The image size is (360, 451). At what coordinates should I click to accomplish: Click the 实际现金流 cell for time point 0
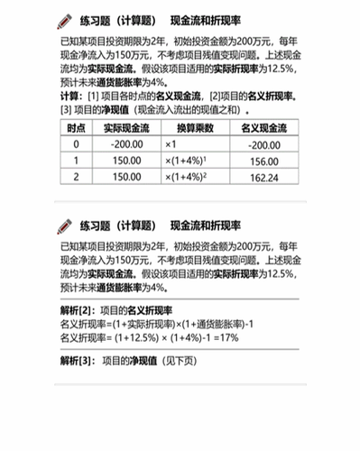click(x=125, y=144)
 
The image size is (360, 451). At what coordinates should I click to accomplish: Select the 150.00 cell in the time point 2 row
click(x=125, y=178)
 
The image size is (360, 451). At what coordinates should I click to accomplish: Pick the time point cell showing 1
click(x=77, y=161)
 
